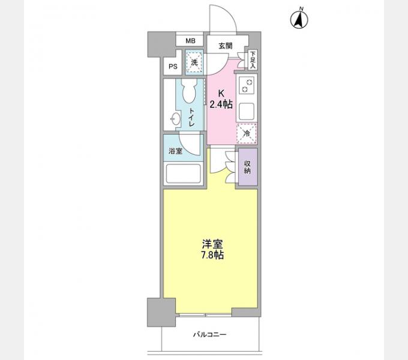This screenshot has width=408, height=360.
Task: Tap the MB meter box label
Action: (190, 41)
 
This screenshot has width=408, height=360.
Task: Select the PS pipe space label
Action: (173, 67)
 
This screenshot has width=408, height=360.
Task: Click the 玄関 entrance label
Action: (225, 46)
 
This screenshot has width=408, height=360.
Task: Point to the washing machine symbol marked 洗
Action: (194, 62)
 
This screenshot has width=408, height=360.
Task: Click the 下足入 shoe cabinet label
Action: (253, 60)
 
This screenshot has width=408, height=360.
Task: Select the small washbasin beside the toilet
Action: (175, 119)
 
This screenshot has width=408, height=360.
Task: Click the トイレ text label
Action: (192, 118)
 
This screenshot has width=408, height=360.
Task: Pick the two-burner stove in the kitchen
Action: (247, 86)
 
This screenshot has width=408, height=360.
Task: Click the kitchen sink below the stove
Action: (247, 112)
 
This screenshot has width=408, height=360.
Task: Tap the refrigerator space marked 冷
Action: (247, 134)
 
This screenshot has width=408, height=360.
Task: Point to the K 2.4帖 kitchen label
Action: (221, 99)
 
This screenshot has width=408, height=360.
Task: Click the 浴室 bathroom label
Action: (175, 151)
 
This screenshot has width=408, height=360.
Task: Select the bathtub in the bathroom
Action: (184, 173)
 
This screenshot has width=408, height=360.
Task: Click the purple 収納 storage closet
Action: (248, 167)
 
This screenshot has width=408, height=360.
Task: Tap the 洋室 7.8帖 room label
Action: (212, 249)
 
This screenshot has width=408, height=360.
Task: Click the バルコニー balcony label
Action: (210, 335)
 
